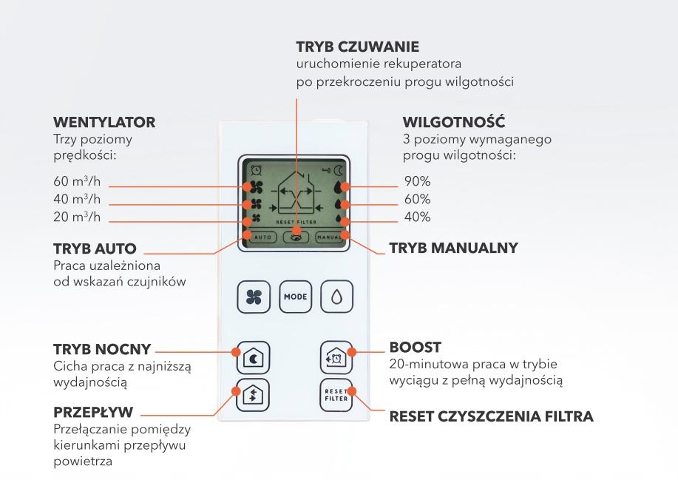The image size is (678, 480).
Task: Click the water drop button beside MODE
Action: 336,296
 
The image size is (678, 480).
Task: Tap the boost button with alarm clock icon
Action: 334,356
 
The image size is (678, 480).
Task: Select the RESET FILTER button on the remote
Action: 334,393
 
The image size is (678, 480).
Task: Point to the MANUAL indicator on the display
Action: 330,238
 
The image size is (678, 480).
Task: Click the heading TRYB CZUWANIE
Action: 357,48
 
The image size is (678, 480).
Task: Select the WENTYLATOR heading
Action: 104,122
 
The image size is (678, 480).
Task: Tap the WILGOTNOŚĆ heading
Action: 454,122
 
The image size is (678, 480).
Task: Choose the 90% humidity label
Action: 417,181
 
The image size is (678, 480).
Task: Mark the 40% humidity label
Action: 417,217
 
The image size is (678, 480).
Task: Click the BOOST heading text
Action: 415,347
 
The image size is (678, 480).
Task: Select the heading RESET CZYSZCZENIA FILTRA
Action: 491,417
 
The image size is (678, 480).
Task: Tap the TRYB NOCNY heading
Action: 102,349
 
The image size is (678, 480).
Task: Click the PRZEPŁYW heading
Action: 95,411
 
